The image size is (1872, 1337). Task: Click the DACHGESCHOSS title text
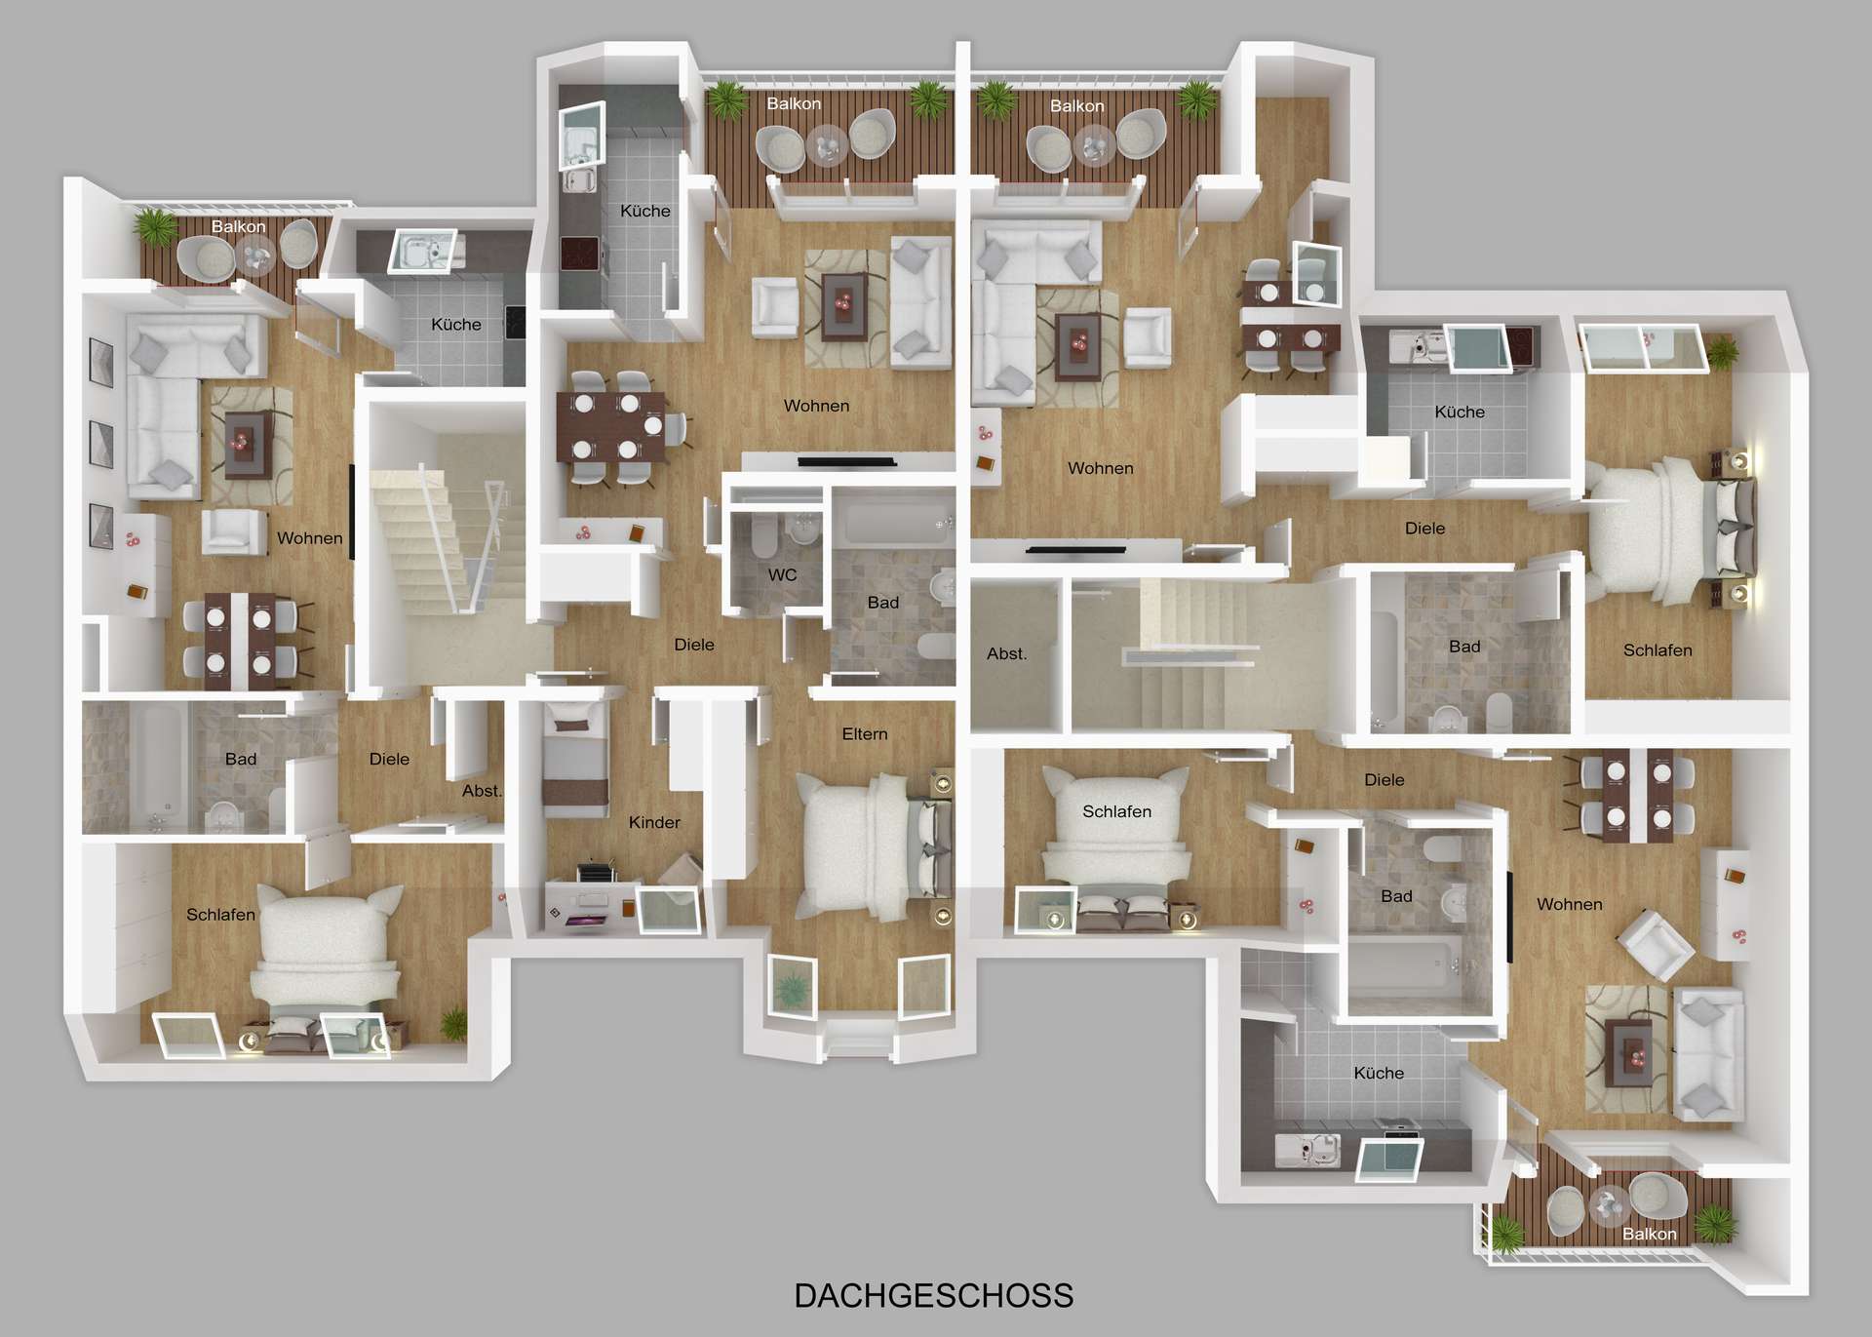click(x=933, y=1295)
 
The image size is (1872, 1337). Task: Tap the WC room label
click(x=782, y=574)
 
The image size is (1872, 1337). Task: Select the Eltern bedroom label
click(x=864, y=733)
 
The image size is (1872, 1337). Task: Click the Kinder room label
click(x=653, y=822)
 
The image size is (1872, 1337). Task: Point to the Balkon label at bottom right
click(x=1649, y=1234)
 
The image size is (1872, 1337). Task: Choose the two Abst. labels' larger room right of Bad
click(x=1006, y=653)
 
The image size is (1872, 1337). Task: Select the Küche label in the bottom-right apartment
click(x=1378, y=1073)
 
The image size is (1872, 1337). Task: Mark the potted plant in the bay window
click(x=791, y=990)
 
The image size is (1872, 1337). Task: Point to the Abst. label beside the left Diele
click(x=481, y=791)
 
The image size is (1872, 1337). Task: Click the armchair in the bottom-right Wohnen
click(x=1654, y=943)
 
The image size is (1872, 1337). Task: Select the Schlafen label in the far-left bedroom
click(x=220, y=914)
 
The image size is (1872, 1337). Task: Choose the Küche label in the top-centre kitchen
click(x=644, y=211)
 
